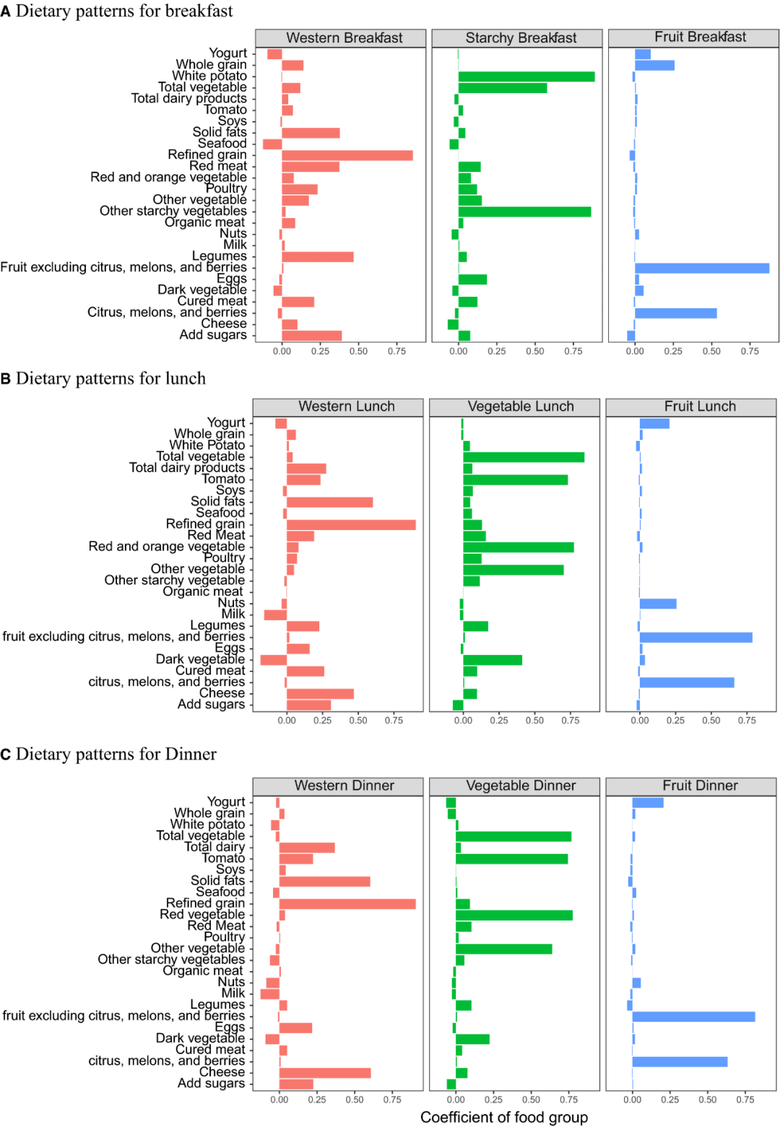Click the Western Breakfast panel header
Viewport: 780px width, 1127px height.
344,38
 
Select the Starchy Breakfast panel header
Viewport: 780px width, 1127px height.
521,38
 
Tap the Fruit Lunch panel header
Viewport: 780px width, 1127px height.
700,406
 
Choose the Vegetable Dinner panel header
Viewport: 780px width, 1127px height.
521,786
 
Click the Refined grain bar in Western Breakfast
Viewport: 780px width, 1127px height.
347,155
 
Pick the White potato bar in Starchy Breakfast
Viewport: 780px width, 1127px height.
526,77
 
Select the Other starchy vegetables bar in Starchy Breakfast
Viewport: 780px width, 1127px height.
524,212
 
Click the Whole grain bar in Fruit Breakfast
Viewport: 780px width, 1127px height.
654,66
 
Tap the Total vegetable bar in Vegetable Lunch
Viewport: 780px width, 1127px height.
524,457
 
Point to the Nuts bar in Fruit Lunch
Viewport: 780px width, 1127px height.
658,604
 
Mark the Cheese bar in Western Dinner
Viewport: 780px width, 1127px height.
325,1073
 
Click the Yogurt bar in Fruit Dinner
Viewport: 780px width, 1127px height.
648,803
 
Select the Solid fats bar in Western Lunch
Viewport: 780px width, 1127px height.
329,502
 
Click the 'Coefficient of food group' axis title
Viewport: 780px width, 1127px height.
503,1117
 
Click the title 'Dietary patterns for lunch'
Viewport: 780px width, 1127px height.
110,378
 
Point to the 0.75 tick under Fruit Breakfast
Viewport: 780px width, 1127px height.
750,351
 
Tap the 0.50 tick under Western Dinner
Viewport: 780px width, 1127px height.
355,1099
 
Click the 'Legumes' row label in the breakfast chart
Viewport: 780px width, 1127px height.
219,256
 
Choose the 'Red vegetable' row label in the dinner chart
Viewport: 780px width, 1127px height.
202,914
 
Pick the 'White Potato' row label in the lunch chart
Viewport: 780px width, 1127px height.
207,445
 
